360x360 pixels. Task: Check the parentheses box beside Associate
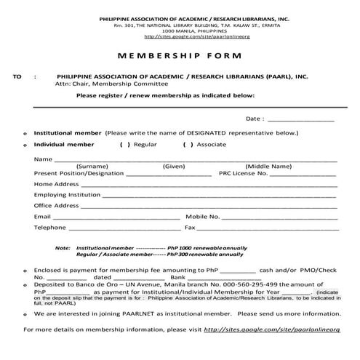point(187,145)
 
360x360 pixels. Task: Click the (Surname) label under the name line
point(92,167)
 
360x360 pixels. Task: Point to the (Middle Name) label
point(268,167)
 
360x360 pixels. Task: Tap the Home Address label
point(56,184)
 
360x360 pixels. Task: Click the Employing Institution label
point(67,195)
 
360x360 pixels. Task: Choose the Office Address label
point(56,206)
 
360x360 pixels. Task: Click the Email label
point(42,217)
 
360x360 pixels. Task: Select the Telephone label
point(50,228)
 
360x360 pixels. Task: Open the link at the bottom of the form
point(272,329)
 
